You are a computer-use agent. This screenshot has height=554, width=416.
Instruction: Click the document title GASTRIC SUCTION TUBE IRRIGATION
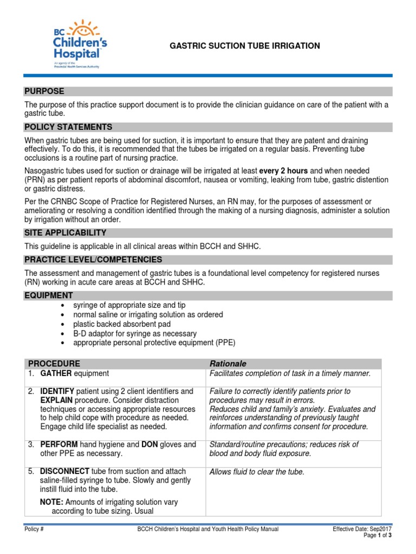[x=245, y=46]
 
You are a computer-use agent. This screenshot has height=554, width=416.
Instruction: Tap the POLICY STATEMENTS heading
[x=68, y=127]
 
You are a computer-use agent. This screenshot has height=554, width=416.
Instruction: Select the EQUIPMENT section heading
[x=49, y=295]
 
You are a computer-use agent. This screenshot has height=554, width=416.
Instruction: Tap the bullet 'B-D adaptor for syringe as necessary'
[x=135, y=334]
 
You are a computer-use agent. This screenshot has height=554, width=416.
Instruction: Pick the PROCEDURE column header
[x=54, y=364]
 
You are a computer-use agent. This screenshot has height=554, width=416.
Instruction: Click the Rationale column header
[x=227, y=364]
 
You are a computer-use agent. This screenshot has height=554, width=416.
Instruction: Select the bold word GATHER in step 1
[x=56, y=373]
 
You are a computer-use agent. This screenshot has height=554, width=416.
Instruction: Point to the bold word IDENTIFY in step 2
[x=57, y=391]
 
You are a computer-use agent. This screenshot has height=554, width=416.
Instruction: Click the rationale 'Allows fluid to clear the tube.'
[x=257, y=472]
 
